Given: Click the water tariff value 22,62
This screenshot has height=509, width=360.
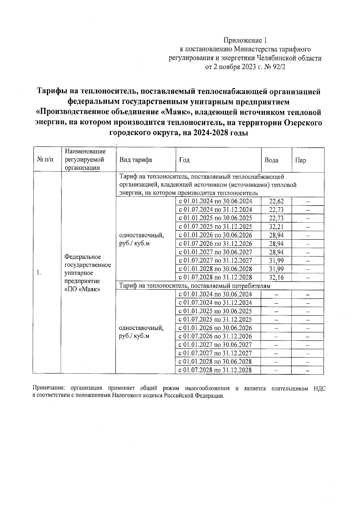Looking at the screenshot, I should (276, 201).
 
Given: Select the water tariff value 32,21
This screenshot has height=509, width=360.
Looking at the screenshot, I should (276, 227).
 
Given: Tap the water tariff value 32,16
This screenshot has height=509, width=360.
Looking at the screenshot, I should (276, 277).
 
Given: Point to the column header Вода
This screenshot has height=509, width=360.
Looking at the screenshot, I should (271, 160).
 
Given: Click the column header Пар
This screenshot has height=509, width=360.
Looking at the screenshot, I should (301, 160).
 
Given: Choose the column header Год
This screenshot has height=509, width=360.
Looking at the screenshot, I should (184, 160).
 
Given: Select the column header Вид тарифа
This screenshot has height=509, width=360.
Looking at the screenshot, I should (136, 160).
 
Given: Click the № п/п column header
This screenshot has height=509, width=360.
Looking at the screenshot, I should (45, 160).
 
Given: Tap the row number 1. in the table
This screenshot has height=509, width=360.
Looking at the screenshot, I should (38, 273).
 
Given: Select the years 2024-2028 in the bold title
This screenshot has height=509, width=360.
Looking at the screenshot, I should (210, 133).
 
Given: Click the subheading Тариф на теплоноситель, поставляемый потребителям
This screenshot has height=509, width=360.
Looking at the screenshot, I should (195, 286).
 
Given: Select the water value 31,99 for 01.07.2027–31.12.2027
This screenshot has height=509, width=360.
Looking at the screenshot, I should (276, 260).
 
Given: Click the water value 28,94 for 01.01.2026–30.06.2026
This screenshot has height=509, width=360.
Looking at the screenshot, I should (276, 235).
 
